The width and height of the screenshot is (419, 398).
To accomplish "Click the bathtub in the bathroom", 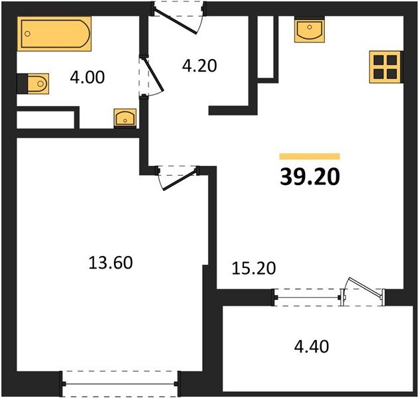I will [55, 34].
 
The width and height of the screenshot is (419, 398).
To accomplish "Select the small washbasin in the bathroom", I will [124, 118].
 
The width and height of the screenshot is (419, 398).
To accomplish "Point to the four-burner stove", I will [385, 66].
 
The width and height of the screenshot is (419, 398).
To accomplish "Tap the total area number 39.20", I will [309, 176].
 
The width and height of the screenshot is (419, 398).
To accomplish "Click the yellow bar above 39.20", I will [309, 157].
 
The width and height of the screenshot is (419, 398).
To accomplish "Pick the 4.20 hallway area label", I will [200, 66].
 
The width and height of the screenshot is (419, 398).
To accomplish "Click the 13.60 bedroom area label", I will [111, 263].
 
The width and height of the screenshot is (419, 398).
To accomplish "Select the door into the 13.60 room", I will [178, 176].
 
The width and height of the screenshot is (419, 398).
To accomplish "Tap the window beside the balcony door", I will [307, 297].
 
